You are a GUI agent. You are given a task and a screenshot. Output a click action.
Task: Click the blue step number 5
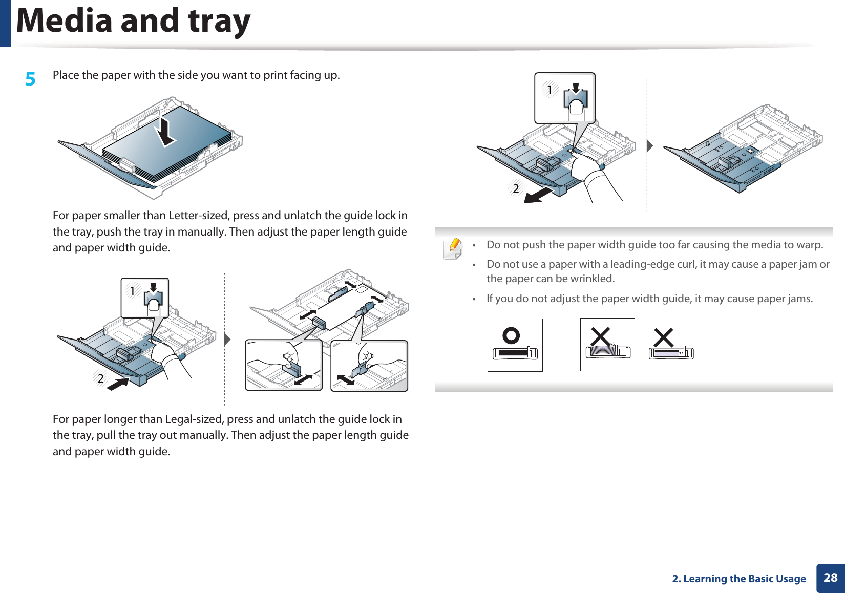[x=31, y=79]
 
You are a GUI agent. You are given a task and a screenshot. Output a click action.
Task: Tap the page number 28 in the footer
[x=830, y=578]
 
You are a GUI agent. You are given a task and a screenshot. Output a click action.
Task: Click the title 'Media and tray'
[x=134, y=21]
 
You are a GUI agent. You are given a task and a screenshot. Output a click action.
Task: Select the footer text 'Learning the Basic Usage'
[x=744, y=579]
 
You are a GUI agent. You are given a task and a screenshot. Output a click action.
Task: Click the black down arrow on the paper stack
[x=165, y=131]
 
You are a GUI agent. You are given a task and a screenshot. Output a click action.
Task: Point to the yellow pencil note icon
[x=453, y=248]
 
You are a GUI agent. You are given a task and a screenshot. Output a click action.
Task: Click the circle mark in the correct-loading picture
[x=511, y=336]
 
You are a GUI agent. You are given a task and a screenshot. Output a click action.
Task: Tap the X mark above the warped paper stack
[x=600, y=337]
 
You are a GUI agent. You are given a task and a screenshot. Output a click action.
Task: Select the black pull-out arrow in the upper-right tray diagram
[x=538, y=195]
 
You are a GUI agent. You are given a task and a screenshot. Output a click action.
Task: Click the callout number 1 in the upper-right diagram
[x=550, y=90]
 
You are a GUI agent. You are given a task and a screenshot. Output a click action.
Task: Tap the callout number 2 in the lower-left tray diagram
[x=101, y=378]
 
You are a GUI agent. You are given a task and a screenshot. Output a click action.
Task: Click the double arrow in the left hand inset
[x=303, y=380]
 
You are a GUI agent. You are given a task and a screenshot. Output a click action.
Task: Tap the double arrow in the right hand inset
[x=346, y=380]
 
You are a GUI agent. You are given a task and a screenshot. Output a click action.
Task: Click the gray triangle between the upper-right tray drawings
[x=649, y=145]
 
